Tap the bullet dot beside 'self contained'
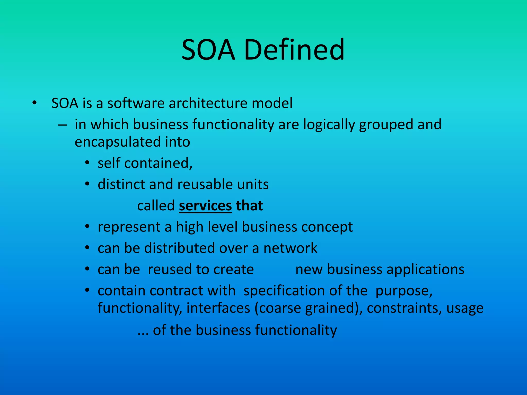point(87,163)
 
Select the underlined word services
point(205,206)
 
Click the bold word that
point(249,206)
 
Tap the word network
point(290,248)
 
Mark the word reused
point(170,270)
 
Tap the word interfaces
point(218,308)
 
